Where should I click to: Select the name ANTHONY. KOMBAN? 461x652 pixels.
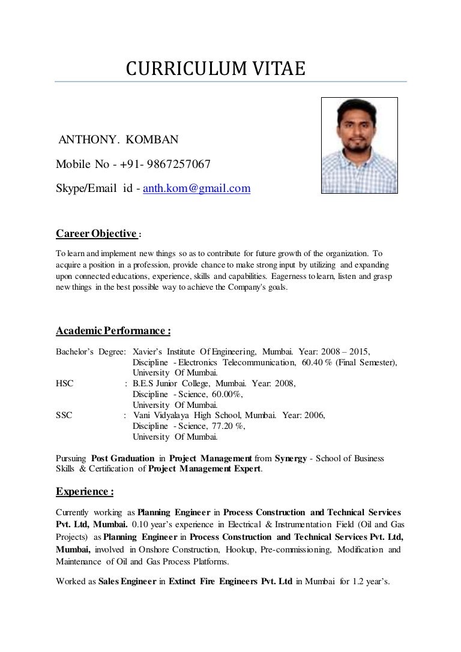tap(118, 141)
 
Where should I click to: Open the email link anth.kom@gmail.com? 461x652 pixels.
tap(196, 189)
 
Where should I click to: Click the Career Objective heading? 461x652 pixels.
tap(97, 233)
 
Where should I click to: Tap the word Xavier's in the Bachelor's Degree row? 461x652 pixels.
tap(148, 351)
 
